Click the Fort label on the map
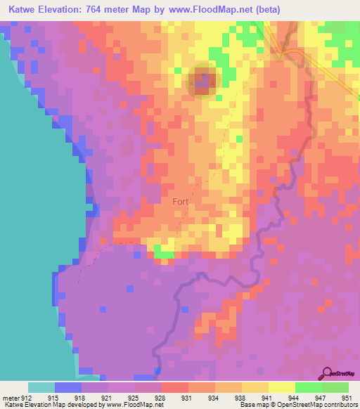tap(181, 201)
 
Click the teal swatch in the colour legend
tap(41, 387)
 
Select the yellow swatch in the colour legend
tap(281, 387)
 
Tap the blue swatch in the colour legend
tap(67, 387)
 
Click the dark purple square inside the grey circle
tap(202, 84)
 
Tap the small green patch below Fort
tap(164, 252)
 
